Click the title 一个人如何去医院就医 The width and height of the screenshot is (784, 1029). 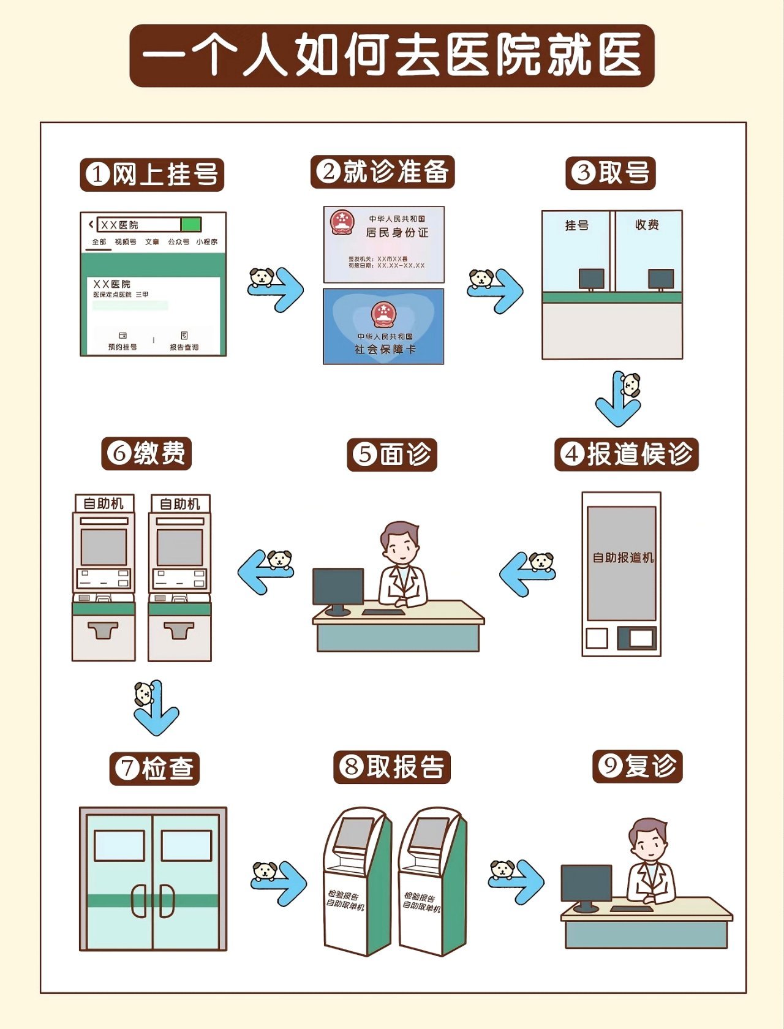(x=392, y=56)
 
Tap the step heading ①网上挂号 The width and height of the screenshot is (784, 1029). (x=152, y=175)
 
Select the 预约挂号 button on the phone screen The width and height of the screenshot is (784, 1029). (x=123, y=342)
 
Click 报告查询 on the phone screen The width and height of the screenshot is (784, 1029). (x=184, y=342)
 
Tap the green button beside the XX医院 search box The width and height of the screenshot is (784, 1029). (x=191, y=224)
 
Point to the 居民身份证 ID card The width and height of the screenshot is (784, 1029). (x=383, y=244)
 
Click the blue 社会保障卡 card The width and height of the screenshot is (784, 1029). (x=383, y=326)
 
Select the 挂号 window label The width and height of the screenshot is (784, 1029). (x=576, y=225)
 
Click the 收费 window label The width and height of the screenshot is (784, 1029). (x=647, y=225)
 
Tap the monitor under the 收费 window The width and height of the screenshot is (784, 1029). (x=661, y=279)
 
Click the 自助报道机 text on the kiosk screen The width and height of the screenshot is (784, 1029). (x=622, y=557)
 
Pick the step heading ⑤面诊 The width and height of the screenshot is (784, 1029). (x=392, y=454)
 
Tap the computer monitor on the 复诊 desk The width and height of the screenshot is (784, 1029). (x=586, y=883)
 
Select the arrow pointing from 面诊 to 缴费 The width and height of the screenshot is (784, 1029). (x=265, y=571)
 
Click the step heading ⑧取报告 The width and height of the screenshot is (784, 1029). (x=392, y=767)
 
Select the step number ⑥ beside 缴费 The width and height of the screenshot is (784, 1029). (x=119, y=454)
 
